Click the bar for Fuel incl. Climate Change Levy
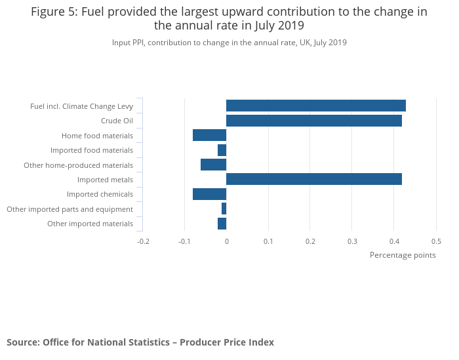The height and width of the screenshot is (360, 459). pos(315,106)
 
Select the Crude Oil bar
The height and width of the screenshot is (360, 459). pos(313,121)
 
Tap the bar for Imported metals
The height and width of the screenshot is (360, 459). pos(313,179)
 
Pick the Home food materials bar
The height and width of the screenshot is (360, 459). pos(209,135)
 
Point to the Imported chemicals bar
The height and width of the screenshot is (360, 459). pos(209,194)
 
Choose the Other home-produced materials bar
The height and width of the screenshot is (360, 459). pos(213,165)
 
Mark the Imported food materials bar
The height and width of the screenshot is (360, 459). pos(222,150)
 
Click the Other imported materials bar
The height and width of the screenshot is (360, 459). pos(222,224)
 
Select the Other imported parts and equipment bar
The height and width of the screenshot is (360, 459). pos(224,209)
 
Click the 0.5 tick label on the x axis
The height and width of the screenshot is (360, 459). pos(435,241)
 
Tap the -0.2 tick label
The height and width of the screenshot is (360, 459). pos(142,241)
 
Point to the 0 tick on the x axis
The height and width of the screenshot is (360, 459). pos(226,241)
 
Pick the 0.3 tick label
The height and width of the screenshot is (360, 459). pos(351,241)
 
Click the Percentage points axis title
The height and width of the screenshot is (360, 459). pos(403,255)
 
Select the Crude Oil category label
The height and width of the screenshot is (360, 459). pos(117,121)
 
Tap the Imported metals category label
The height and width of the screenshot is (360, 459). pos(105,180)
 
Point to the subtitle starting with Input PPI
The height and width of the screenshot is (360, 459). pos(229,43)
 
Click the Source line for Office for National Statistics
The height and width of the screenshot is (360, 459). pos(140,342)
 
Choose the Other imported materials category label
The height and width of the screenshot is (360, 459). pos(90,224)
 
